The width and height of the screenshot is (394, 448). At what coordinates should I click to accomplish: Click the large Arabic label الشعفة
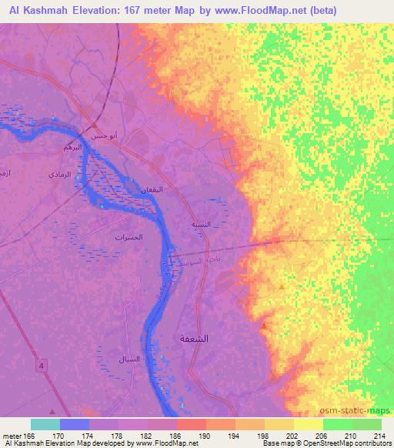[216, 338]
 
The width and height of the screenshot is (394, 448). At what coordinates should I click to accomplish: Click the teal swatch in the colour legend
[45, 424]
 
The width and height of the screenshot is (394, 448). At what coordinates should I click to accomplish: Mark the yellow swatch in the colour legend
[308, 424]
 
